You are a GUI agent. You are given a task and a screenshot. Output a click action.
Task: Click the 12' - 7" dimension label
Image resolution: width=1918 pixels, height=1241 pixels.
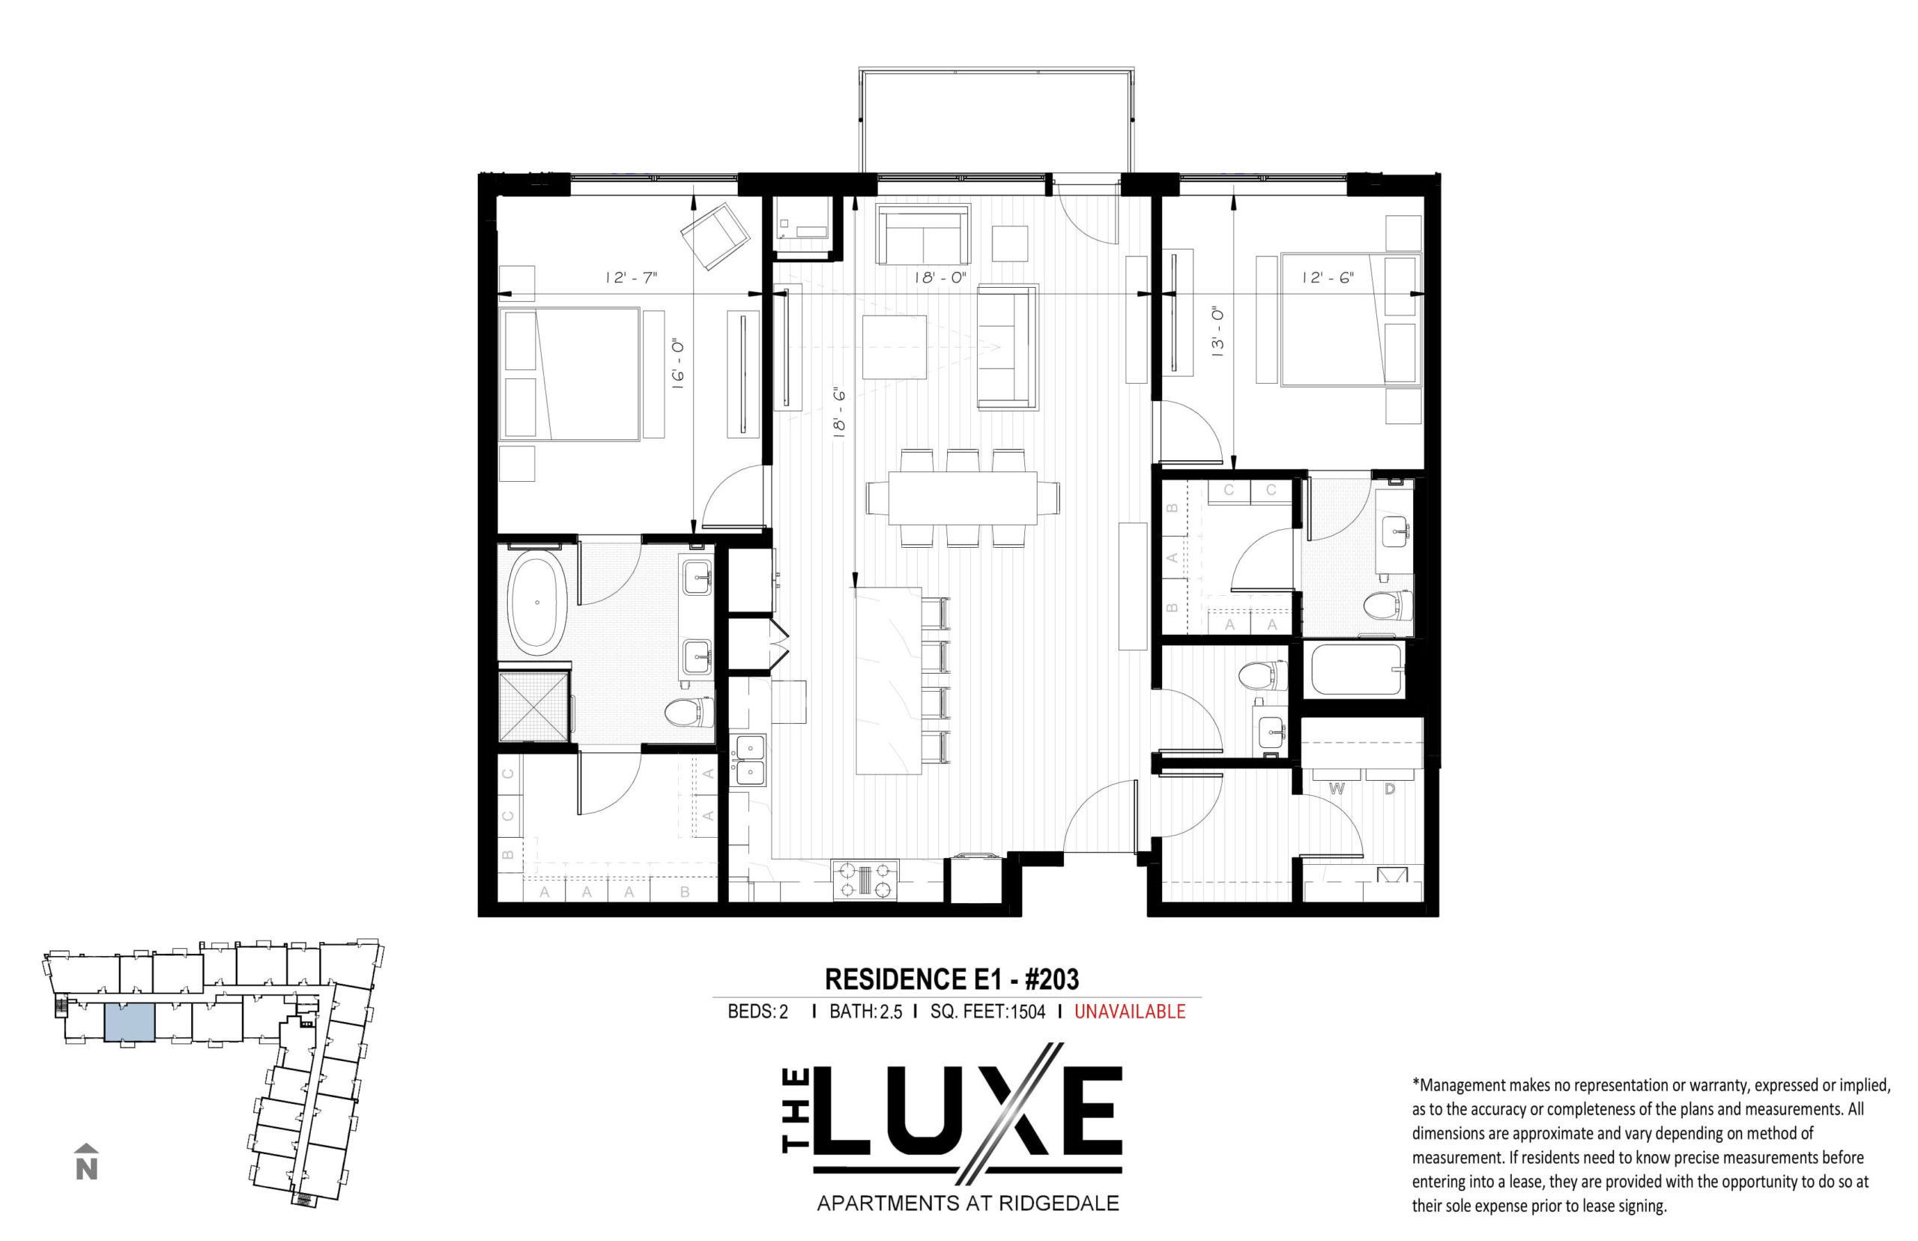[632, 278]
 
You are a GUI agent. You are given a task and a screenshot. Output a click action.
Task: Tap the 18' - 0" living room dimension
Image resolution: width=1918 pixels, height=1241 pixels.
[940, 278]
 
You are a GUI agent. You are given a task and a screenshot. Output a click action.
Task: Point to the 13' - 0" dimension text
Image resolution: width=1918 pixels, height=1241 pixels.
[1217, 331]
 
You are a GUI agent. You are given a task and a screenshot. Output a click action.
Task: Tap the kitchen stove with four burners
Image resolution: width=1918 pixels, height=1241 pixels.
[865, 880]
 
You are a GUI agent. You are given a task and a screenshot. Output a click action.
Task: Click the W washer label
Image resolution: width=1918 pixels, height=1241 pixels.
[1337, 789]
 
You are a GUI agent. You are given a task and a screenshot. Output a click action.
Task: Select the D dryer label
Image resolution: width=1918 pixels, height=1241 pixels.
[1390, 789]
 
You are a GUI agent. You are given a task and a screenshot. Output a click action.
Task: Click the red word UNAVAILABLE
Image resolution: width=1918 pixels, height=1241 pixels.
[1129, 1012]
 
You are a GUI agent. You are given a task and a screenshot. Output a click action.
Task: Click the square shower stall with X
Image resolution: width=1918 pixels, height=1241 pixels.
[534, 707]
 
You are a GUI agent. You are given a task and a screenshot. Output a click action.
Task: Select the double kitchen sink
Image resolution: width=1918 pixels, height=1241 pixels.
[750, 761]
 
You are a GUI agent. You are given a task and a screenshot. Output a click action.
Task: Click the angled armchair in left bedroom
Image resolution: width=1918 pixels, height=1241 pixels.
[716, 236]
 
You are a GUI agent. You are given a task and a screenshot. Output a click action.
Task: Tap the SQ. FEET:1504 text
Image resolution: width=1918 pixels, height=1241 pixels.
[987, 1012]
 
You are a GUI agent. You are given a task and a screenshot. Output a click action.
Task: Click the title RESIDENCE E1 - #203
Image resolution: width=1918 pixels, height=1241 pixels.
[952, 979]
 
